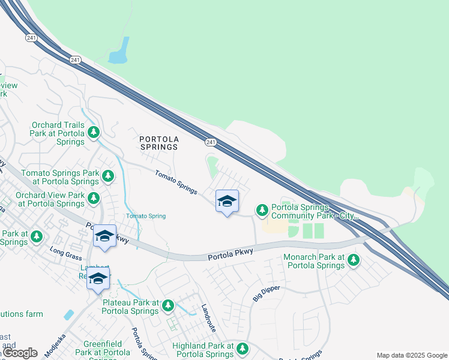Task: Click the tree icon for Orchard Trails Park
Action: [x=93, y=131]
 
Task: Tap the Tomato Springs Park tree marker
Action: [x=107, y=176]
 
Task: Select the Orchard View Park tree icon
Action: [x=93, y=197]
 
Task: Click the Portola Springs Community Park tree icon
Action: [x=262, y=210]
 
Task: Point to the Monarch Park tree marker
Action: [x=354, y=260]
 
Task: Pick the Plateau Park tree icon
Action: [x=168, y=305]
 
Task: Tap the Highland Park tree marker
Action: [x=243, y=348]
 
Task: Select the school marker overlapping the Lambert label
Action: [x=98, y=278]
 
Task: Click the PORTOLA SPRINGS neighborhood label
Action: [x=159, y=142]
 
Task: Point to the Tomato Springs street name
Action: [x=176, y=182]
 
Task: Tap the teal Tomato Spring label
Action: [x=145, y=216]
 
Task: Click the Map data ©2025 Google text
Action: [x=412, y=355]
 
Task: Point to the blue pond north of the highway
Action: [x=119, y=52]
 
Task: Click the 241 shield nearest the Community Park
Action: [x=210, y=142]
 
